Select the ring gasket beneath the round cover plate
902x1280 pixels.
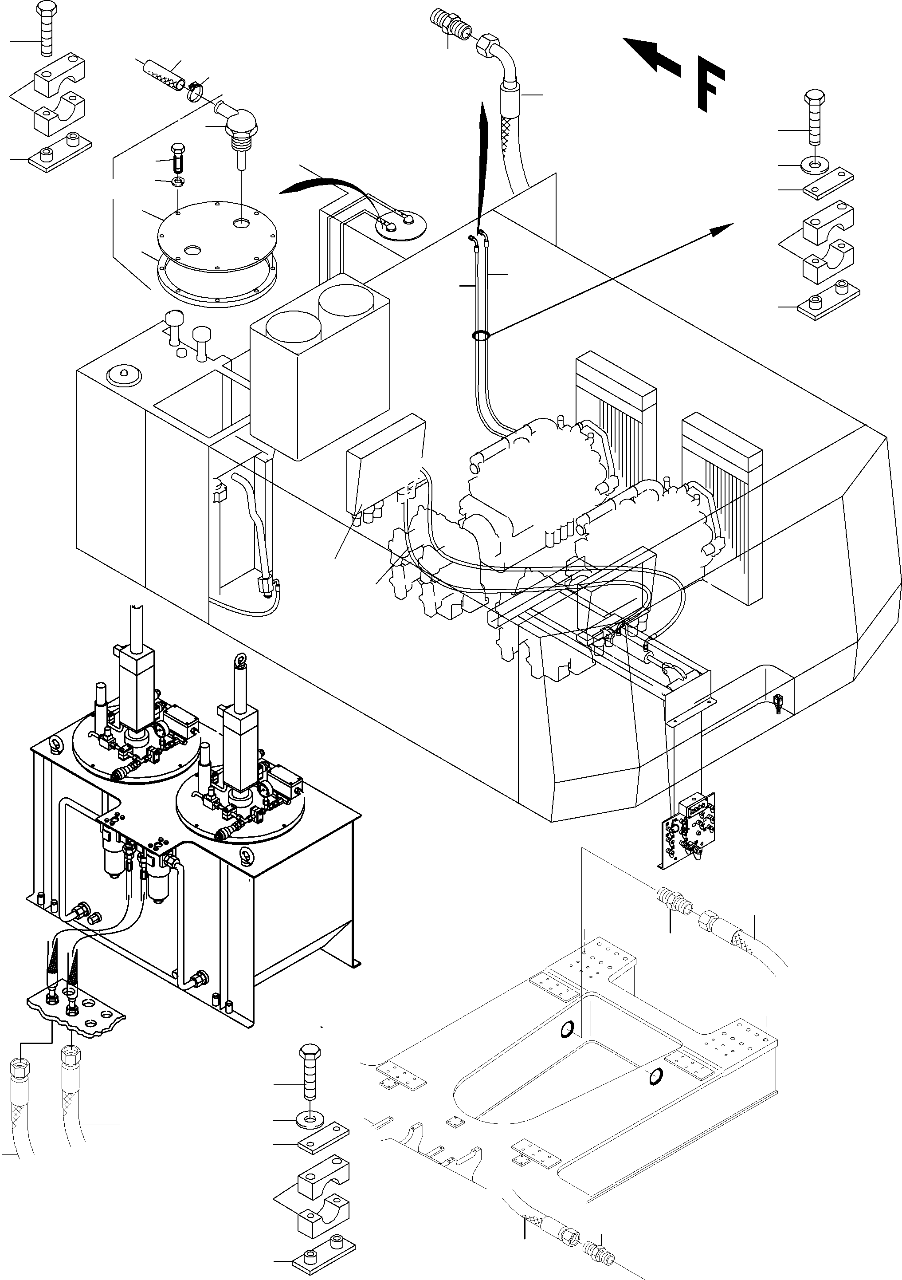tap(217, 279)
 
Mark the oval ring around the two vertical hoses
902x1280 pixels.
tap(480, 335)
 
